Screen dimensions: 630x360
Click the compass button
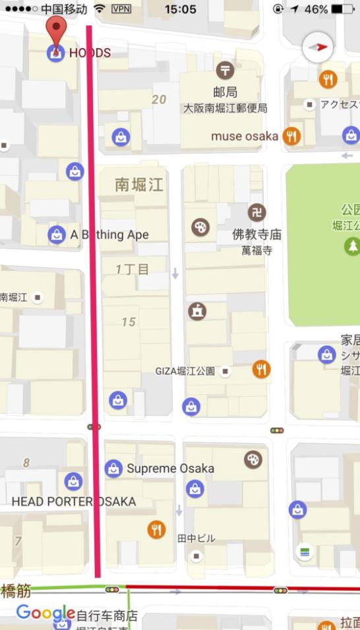point(317,47)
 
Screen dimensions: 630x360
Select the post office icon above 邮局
point(225,69)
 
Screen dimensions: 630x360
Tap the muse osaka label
point(244,136)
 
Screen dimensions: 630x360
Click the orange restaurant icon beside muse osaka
point(291,136)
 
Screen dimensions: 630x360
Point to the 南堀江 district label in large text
point(138,185)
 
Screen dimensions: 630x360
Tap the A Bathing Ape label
point(109,235)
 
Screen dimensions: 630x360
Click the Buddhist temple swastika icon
point(257,212)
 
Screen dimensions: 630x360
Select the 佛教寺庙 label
point(257,234)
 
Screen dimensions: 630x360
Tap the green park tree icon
point(353,246)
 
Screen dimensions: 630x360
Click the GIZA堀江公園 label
point(185,371)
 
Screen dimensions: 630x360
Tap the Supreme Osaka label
point(170,469)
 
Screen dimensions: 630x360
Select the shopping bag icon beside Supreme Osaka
point(113,469)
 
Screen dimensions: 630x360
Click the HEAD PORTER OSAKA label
point(74,501)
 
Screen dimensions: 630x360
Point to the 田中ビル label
point(196,538)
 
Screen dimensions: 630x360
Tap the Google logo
point(45,613)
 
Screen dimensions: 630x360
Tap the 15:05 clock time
point(180,9)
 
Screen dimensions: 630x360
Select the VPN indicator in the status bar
point(121,9)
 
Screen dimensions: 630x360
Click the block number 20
point(159,100)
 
